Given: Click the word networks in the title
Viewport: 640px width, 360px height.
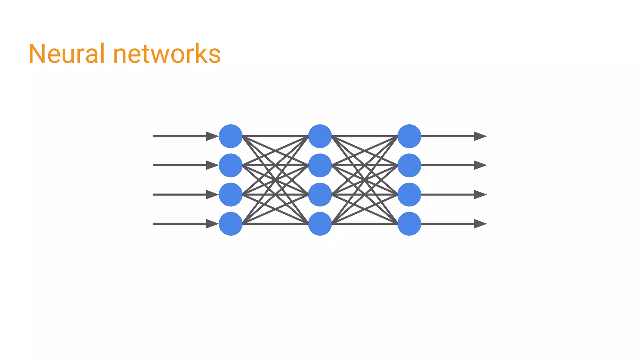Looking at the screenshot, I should (167, 54).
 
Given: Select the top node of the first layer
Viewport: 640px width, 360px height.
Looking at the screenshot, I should (231, 136).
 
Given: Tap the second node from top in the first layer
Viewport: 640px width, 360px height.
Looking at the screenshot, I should (231, 165).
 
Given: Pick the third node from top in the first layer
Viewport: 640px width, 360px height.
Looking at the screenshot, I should (231, 195).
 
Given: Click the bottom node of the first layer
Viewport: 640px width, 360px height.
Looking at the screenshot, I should (231, 224).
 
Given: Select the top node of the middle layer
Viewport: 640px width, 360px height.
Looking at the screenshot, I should (320, 136).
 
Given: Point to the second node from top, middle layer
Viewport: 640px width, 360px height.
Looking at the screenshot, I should (320, 165).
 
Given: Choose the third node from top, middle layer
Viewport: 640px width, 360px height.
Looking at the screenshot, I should (320, 195).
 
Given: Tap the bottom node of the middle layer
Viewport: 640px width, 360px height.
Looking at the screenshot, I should (320, 224).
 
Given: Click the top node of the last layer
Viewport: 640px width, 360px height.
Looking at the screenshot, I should (409, 136).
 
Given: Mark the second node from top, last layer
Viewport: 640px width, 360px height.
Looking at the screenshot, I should (409, 165).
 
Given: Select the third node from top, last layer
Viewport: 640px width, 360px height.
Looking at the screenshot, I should (409, 195).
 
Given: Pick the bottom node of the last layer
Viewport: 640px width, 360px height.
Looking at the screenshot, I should (409, 224).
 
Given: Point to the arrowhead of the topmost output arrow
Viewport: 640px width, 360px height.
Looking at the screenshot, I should (480, 136).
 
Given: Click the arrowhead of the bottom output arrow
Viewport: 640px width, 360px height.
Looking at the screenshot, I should (480, 224).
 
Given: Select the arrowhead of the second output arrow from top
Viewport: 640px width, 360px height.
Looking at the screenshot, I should (480, 165).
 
